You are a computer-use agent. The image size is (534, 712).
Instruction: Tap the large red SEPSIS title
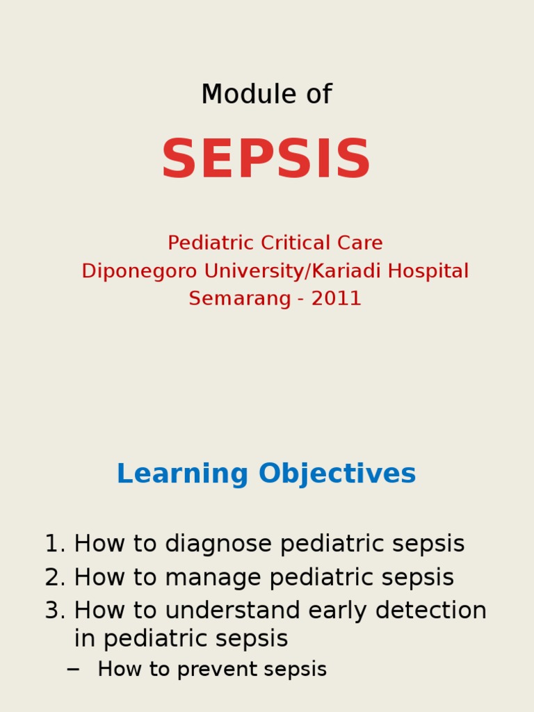tap(266, 161)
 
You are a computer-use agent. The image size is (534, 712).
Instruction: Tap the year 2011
tap(337, 299)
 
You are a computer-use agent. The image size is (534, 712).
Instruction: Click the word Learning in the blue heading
tap(182, 474)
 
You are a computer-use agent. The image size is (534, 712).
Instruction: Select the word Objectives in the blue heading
tap(337, 474)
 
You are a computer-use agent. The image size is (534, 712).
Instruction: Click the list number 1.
tap(53, 544)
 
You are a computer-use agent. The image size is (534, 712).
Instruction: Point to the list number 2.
tap(53, 577)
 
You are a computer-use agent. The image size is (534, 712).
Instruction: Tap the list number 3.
tap(53, 610)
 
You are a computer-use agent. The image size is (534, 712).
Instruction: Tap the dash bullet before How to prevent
tap(73, 670)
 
